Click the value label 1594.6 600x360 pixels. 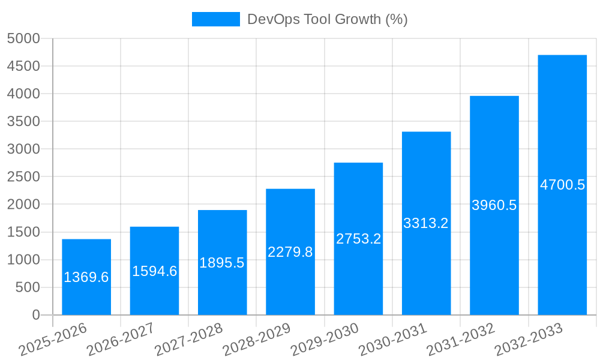tap(155, 271)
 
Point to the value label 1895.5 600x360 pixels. tap(222, 263)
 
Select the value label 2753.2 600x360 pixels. tap(358, 239)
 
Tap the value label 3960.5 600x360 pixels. tap(494, 205)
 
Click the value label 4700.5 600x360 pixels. tap(562, 185)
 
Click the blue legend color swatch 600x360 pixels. tap(215, 19)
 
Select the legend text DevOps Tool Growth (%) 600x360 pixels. tap(328, 19)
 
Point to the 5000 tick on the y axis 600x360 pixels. tap(23, 38)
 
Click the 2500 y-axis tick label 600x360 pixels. tap(23, 177)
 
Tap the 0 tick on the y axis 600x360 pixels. tap(35, 315)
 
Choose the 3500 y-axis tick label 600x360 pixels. tap(23, 122)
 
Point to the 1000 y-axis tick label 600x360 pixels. tap(23, 260)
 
